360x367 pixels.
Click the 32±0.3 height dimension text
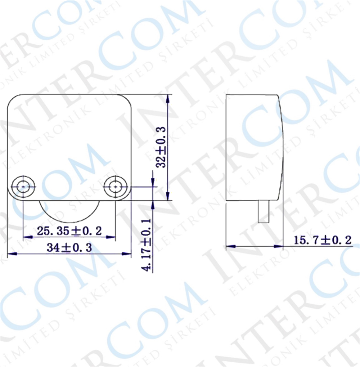point(161,147)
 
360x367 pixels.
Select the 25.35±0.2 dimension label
point(69,231)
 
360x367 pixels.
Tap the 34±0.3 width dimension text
point(69,247)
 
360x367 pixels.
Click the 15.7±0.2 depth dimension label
point(323,240)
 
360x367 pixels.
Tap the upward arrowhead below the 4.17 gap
point(153,205)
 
